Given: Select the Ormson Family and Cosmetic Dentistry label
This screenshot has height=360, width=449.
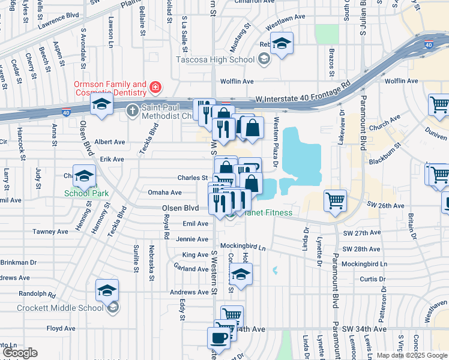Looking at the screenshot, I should (x=110, y=89).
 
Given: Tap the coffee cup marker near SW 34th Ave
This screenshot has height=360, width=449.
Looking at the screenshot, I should (x=219, y=337).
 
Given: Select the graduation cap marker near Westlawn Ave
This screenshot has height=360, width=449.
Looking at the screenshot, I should (x=281, y=44).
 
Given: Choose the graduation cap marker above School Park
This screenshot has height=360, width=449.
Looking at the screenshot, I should (x=85, y=176).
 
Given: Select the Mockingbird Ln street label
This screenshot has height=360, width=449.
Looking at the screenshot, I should (x=242, y=246).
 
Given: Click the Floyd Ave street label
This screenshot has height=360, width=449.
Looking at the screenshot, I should (x=61, y=328).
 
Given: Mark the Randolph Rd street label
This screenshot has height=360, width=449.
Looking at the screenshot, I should (x=37, y=295).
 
